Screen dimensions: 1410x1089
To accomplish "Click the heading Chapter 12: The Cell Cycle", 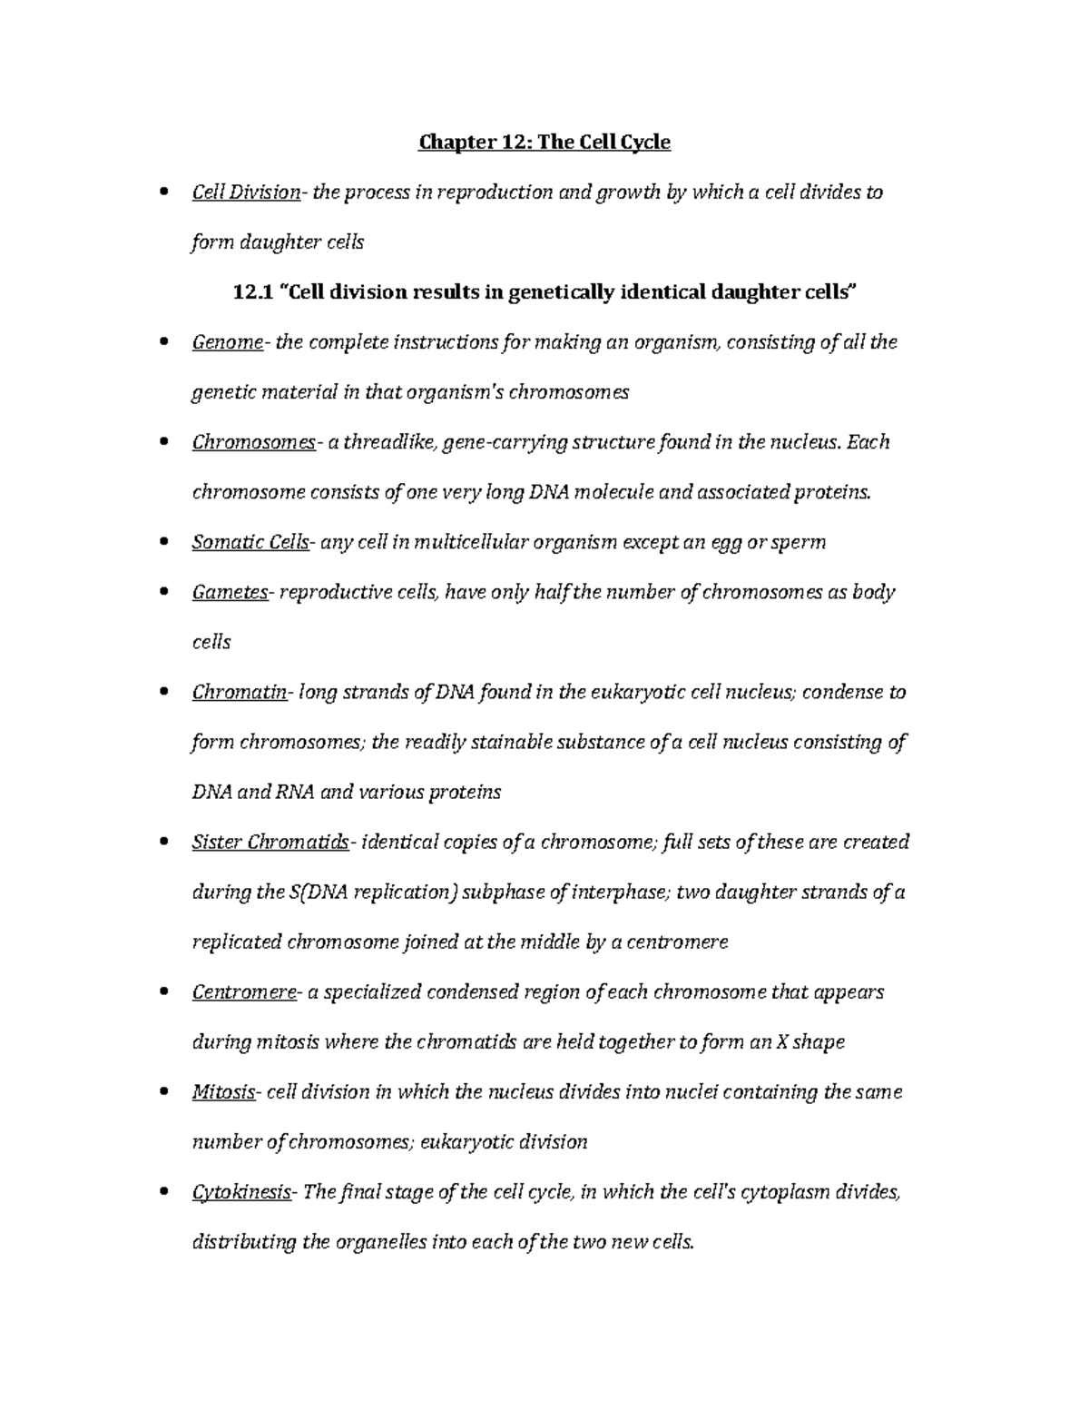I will tap(544, 143).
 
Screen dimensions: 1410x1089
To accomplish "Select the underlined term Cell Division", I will tap(246, 192).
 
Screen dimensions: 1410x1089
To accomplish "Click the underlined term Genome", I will tap(227, 342).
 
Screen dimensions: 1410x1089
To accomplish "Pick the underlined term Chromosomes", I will tap(253, 442).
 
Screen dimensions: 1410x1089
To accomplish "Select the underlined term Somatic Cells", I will tap(250, 542).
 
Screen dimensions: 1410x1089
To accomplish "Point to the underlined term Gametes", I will tap(230, 592).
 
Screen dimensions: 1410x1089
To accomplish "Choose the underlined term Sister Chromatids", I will tap(270, 842).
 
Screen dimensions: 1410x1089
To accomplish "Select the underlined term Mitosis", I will tap(223, 1091).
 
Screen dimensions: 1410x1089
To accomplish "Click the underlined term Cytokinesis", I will tap(240, 1191).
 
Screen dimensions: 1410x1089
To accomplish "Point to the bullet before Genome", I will tap(163, 342).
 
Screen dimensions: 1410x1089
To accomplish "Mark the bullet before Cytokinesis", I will tap(163, 1191).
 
